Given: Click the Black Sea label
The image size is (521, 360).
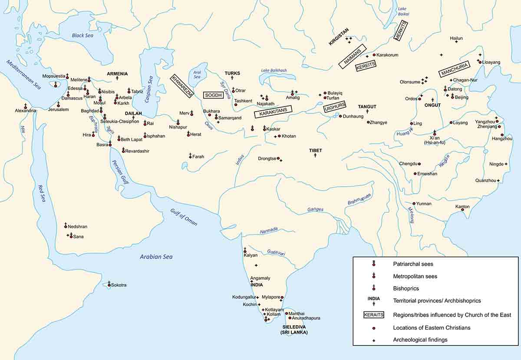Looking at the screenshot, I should click(x=82, y=36).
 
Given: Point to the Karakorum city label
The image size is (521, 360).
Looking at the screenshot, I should click(x=387, y=55).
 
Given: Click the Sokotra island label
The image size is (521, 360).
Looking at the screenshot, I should click(x=119, y=285).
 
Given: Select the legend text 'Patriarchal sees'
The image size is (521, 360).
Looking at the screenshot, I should click(x=412, y=264).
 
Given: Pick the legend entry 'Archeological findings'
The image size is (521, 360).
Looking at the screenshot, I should click(x=420, y=340).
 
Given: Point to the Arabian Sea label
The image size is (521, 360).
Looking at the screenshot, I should click(x=156, y=257).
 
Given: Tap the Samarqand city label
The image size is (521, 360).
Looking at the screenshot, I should click(x=230, y=118).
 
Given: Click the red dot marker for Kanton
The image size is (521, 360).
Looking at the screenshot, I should click(x=462, y=210).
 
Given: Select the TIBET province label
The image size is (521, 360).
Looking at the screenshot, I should click(x=315, y=150).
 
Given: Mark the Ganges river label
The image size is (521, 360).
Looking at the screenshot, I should click(x=315, y=209).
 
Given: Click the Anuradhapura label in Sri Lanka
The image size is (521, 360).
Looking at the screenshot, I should click(x=307, y=318).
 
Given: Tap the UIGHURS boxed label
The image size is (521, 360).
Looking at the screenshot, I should click(x=334, y=107).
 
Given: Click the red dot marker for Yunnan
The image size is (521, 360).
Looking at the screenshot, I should click(x=414, y=203).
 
